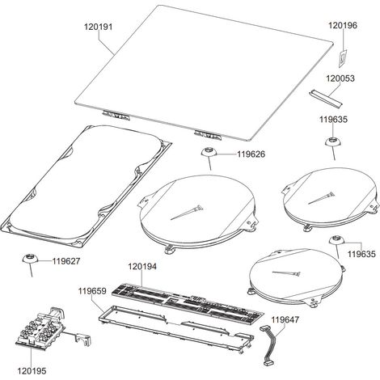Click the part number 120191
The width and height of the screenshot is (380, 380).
tap(98, 27)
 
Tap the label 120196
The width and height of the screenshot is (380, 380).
tap(343, 25)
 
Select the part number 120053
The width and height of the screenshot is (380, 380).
tap(340, 78)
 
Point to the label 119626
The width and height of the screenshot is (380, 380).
tap(251, 154)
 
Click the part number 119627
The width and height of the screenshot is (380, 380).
tap(66, 261)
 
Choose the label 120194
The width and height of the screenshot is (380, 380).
tap(142, 267)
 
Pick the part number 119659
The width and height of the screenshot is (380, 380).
tap(92, 291)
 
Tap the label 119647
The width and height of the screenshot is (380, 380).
tap(285, 320)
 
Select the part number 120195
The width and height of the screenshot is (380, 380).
tap(32, 371)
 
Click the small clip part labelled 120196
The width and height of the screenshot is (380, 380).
tap(343, 58)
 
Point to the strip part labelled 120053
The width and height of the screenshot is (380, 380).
tap(325, 98)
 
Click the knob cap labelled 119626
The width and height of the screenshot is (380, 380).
tap(209, 152)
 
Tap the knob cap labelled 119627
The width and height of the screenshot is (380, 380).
tap(30, 259)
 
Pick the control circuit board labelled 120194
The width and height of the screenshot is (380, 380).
tap(188, 303)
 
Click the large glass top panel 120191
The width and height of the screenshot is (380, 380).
tap(204, 73)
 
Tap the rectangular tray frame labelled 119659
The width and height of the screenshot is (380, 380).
tap(176, 329)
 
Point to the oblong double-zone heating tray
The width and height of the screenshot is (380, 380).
tap(86, 187)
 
